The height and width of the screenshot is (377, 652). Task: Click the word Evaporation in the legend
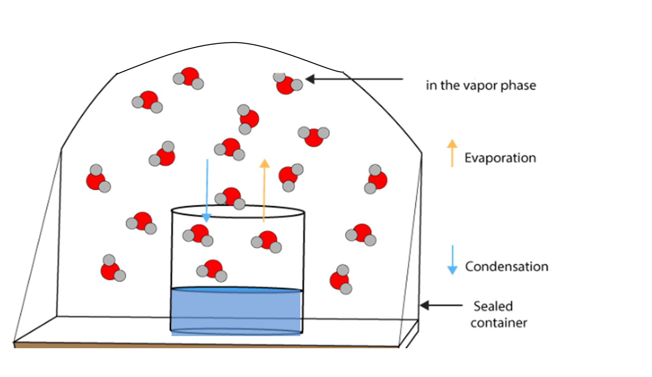[x=500, y=158]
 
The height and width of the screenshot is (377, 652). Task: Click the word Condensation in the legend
[x=506, y=266]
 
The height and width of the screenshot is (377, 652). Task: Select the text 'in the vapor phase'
[x=480, y=85]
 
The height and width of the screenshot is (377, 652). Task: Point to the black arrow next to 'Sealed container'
[x=441, y=305]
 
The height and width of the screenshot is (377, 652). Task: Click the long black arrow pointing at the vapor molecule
[x=354, y=79]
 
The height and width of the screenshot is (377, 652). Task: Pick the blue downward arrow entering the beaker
[x=207, y=190]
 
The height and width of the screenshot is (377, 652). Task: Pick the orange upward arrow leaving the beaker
[x=264, y=190]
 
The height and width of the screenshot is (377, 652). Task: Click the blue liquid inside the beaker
[x=236, y=311]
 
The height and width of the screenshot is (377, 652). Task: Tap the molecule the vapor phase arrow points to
[x=287, y=84]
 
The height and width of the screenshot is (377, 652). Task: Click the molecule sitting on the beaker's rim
[x=231, y=198]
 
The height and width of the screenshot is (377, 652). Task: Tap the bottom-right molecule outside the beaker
[x=341, y=280]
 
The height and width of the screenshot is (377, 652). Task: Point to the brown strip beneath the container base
[x=206, y=345]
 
